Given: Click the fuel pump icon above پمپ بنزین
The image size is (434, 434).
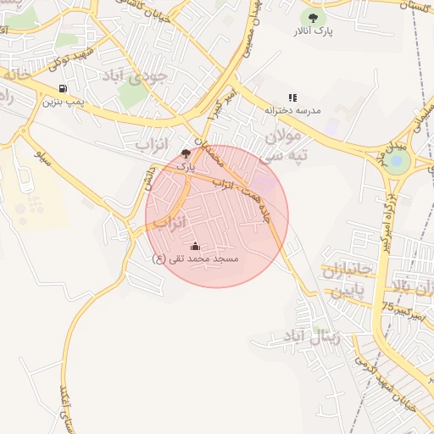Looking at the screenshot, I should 63,88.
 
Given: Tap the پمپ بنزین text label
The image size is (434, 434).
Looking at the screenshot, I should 63,102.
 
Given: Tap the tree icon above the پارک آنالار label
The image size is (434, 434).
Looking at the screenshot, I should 313,16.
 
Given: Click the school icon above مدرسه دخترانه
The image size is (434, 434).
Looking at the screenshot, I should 292,97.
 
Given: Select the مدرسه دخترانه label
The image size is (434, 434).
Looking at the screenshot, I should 292,111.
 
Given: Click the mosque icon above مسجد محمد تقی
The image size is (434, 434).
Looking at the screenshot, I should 196,246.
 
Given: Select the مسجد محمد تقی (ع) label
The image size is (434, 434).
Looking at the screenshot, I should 196,259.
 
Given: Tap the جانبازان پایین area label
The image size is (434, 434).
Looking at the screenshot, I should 347,281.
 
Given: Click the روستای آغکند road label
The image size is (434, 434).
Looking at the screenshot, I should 64,407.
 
